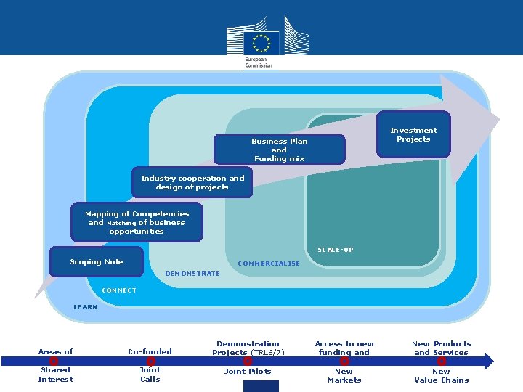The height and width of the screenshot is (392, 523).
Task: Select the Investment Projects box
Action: coord(413,134)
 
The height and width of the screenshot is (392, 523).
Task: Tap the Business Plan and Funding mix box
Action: coord(279,150)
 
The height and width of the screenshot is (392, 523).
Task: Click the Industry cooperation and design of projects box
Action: coord(192,183)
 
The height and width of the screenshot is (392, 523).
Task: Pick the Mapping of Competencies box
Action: coord(137,223)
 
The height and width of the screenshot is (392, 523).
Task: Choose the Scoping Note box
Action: coord(97,262)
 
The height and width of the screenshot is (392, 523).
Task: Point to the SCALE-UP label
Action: coord(336,250)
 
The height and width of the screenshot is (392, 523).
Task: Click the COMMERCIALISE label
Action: coord(269,264)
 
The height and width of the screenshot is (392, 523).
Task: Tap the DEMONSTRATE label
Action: coord(192,274)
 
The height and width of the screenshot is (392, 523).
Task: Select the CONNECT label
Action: coord(119,290)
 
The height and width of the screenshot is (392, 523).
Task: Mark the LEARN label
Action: coord(85,307)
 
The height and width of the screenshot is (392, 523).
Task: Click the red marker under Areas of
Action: coord(54,361)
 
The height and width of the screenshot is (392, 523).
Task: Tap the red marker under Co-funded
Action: coord(150,361)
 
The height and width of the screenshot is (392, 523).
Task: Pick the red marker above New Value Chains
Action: coord(441,361)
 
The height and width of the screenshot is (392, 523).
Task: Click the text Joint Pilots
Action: coord(248,372)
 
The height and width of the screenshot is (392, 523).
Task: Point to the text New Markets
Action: coord(344,375)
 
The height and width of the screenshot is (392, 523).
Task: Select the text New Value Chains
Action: coord(441,375)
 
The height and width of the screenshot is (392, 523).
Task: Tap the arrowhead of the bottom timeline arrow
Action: coord(488,361)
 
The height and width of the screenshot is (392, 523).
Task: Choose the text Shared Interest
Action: coord(56,375)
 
